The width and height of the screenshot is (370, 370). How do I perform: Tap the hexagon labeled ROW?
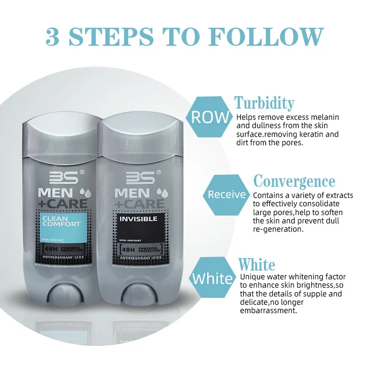[x=210, y=117]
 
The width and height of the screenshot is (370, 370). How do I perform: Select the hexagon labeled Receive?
[x=227, y=194]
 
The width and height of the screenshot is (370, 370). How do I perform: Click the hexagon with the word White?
[x=212, y=278]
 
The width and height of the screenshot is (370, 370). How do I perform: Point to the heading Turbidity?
[x=264, y=103]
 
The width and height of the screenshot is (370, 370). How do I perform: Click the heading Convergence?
[x=294, y=181]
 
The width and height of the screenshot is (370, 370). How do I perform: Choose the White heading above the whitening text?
[x=256, y=265]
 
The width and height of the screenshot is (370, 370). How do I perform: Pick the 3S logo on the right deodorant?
[x=137, y=177]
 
